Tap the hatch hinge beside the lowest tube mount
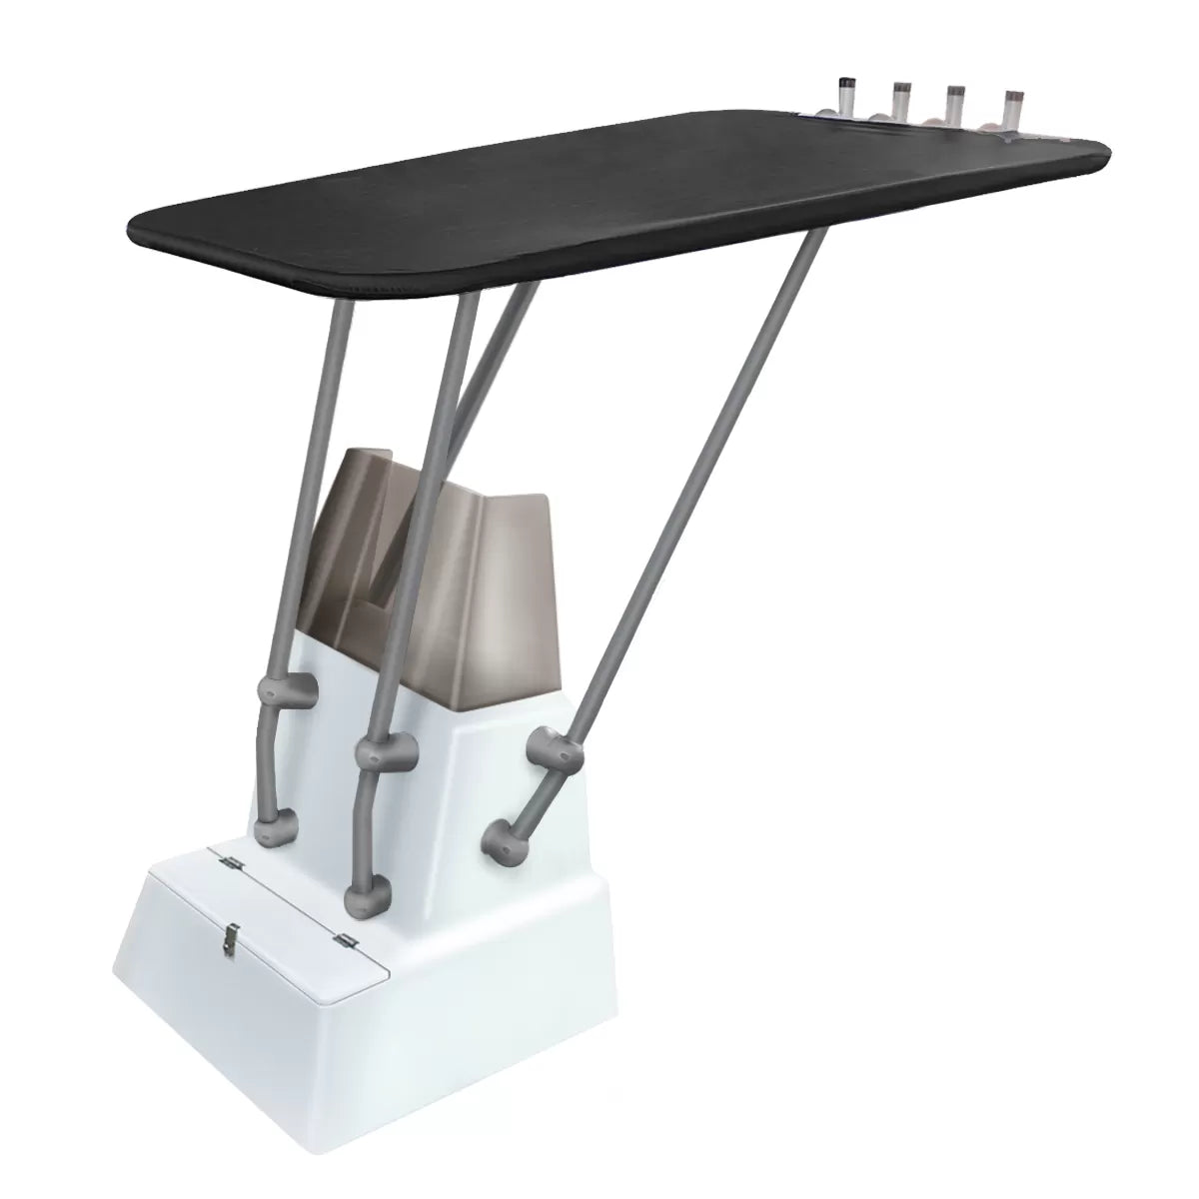point(346,938)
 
